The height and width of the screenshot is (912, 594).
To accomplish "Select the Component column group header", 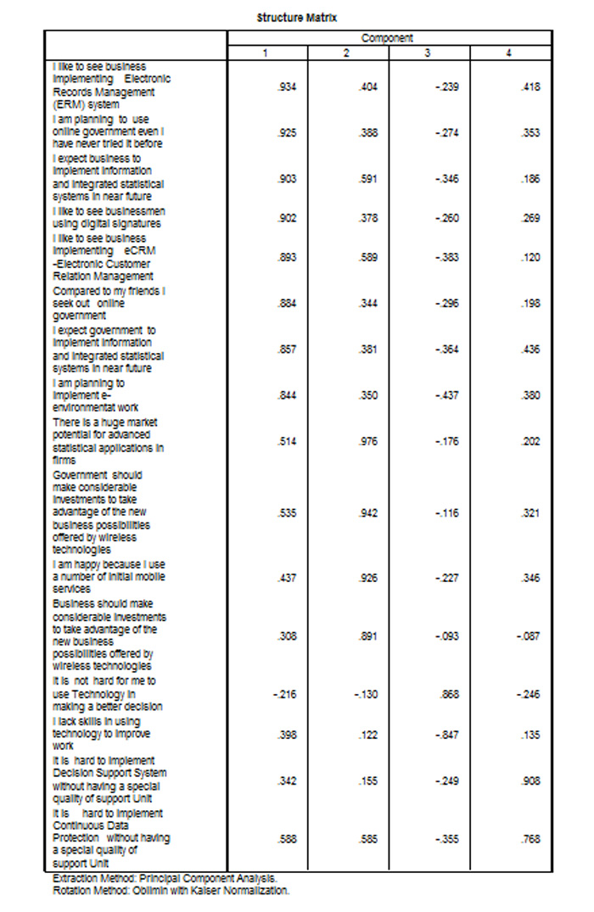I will tap(388, 38).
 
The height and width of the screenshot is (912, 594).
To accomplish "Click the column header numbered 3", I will tap(427, 53).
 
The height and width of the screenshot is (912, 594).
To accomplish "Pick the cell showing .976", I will tap(367, 441).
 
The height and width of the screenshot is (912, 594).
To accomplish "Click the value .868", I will tap(450, 694).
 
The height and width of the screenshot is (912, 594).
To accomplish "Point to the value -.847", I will tap(447, 734).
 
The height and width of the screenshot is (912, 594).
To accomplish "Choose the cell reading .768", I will tap(530, 838).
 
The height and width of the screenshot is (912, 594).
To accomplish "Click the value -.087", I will tap(528, 636).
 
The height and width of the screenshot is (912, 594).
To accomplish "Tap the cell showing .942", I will tap(367, 513).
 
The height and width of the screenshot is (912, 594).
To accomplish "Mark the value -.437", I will tap(447, 395).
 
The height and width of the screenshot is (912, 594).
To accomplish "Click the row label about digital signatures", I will tap(106, 218).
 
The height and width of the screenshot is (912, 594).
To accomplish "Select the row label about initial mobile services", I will tap(109, 577).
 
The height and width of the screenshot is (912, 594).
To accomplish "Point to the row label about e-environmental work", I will tap(93, 395).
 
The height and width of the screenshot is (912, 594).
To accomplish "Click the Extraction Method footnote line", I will tap(165, 879).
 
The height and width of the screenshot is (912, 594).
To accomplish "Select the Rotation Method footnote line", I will tap(171, 891).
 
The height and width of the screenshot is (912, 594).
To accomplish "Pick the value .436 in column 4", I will tap(530, 350).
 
